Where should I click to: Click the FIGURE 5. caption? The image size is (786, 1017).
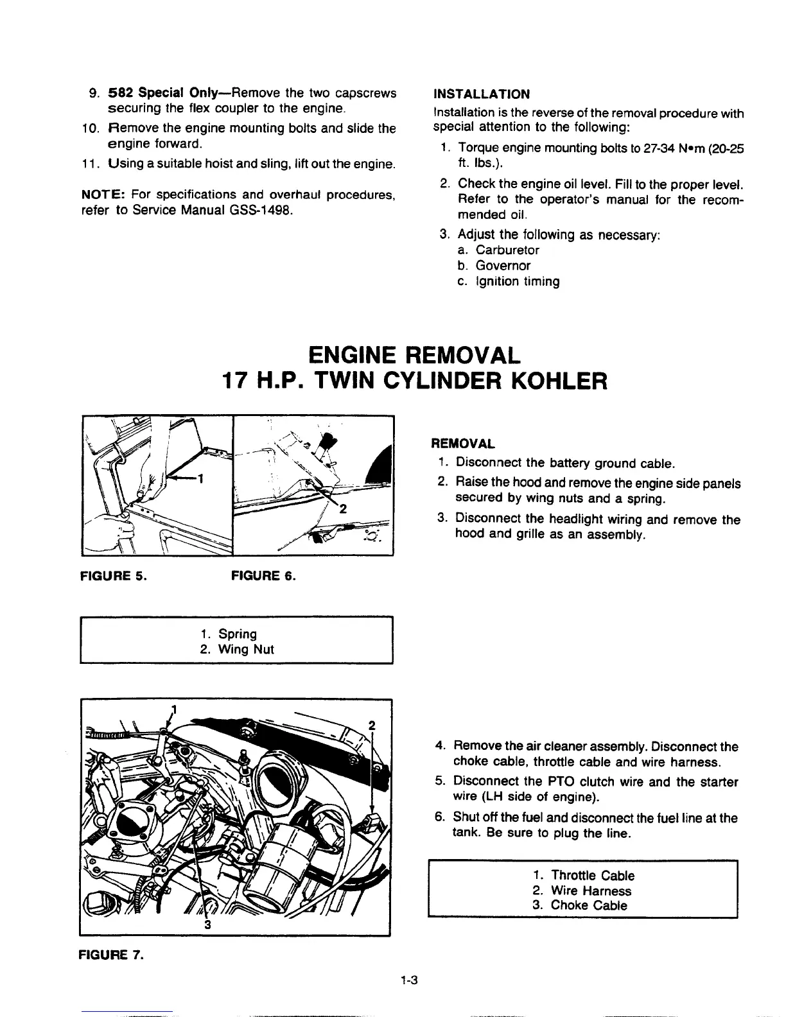[112, 575]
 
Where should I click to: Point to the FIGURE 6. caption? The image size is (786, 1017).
[263, 575]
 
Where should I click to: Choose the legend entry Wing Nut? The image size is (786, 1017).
[246, 649]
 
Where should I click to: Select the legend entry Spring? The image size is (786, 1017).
[238, 634]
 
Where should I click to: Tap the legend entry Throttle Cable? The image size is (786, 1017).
[593, 875]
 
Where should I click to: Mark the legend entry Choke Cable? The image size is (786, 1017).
[589, 905]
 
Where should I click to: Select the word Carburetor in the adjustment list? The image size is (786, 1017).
[507, 250]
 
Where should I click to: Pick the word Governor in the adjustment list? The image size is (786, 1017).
[503, 265]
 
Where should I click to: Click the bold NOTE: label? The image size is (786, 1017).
[101, 194]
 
